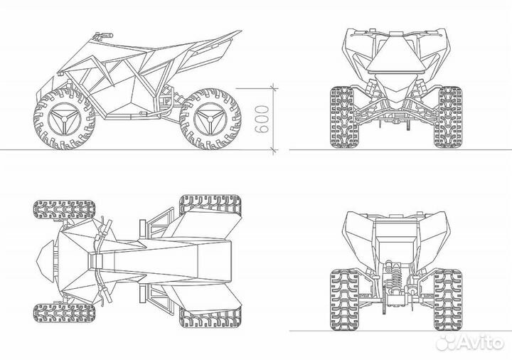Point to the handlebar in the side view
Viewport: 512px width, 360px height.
pos(102,35)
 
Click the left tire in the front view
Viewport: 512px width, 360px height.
pos(341,117)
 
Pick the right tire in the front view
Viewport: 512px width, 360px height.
pos(449,117)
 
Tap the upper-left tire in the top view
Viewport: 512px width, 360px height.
pos(63,210)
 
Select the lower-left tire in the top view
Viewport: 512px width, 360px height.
pos(63,312)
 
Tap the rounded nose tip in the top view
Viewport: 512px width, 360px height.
pos(44,260)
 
